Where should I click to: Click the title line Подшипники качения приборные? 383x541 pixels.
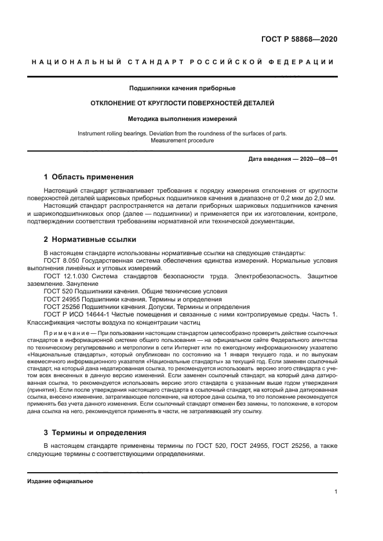(191, 89)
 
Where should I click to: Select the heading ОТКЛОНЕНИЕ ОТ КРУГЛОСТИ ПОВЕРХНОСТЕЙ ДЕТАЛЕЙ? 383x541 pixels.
(191, 104)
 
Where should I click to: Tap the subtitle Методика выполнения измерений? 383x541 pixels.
(191, 119)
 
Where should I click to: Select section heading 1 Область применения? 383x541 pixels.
(89, 176)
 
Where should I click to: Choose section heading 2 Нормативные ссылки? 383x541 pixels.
(89, 238)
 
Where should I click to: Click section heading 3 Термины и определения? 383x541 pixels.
(95, 432)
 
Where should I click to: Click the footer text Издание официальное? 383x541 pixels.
(60, 481)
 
